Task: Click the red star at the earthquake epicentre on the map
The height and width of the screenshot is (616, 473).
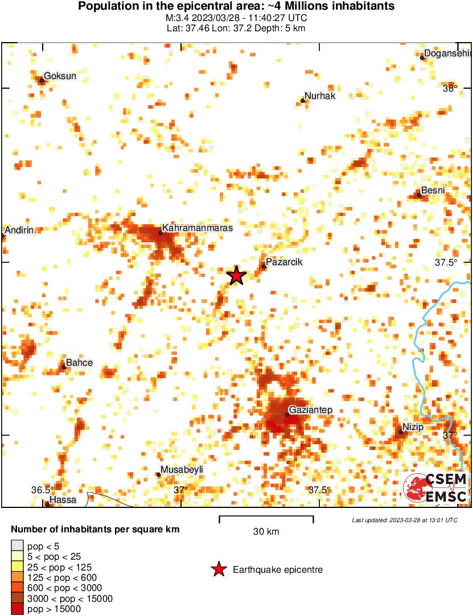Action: click(236, 276)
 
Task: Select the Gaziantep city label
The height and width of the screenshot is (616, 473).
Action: click(310, 410)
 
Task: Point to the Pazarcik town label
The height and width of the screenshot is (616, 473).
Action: click(284, 262)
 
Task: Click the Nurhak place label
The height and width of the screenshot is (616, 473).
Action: click(320, 96)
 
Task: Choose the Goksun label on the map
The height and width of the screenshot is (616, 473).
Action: click(60, 76)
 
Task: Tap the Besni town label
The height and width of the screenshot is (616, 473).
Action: click(433, 191)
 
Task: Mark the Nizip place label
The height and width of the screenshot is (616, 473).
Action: click(414, 427)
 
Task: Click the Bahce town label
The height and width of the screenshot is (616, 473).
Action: click(79, 362)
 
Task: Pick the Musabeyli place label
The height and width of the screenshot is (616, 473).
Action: click(182, 470)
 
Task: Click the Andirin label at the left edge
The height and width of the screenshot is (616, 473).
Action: click(20, 230)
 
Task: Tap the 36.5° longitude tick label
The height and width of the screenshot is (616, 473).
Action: click(42, 490)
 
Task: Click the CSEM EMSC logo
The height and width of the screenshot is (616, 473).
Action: click(435, 488)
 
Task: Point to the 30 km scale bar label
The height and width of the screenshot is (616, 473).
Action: click(266, 532)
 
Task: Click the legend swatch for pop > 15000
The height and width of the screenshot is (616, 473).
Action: click(18, 609)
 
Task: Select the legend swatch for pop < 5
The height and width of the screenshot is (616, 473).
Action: click(18, 546)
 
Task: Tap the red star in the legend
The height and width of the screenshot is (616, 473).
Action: click(218, 569)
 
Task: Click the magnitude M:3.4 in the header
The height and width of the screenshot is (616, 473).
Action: click(178, 18)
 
